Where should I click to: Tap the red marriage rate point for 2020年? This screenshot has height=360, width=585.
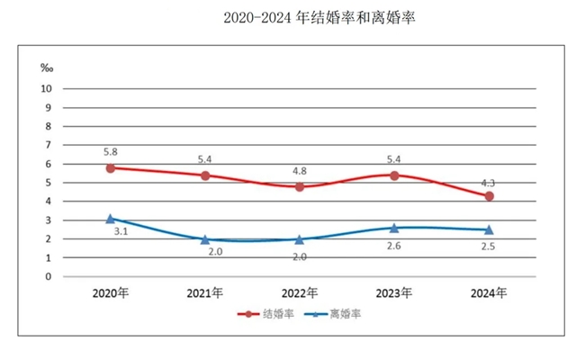pos(110,167)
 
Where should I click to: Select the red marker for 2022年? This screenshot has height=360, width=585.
pos(299,186)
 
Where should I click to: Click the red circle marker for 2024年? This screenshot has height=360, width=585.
pos(489,195)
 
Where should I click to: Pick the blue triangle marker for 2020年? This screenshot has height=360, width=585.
pos(110,219)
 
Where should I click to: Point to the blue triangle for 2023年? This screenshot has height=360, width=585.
pos(394,228)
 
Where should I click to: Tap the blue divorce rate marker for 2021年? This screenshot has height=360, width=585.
pos(204,239)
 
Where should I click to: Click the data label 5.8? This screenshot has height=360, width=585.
pos(110,152)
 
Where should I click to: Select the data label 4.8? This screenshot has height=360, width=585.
pos(299,170)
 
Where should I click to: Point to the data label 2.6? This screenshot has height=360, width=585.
pos(393,246)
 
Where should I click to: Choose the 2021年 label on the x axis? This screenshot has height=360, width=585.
pos(204,293)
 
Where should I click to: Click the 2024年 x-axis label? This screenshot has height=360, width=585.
pos(489,293)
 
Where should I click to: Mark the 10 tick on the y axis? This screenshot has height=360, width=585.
pos(46,88)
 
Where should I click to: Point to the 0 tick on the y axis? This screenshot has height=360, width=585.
pos(49,276)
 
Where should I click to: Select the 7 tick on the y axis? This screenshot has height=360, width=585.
pos(49,145)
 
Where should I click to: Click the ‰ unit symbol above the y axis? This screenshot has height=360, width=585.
pos(48,67)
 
